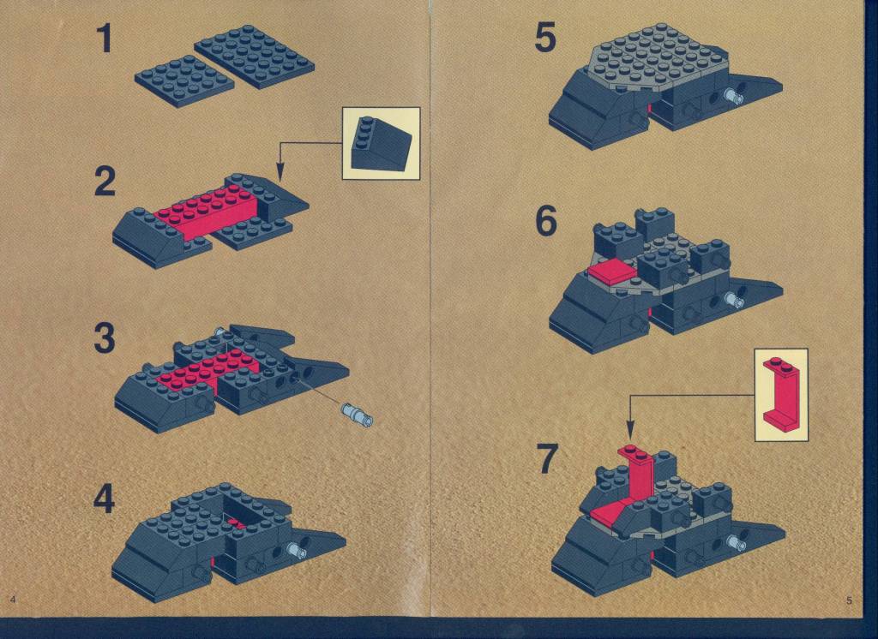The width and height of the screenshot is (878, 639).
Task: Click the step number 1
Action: (x=105, y=40)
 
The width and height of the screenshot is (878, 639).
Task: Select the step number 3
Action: (x=105, y=339)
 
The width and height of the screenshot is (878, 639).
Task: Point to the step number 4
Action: (x=104, y=499)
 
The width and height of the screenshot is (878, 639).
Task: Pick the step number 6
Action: (x=546, y=221)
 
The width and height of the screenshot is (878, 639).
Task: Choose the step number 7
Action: (x=547, y=458)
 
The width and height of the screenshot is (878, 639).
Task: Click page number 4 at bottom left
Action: (x=12, y=600)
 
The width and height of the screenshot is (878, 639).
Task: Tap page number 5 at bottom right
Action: (x=849, y=601)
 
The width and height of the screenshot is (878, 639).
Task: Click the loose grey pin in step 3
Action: (x=357, y=415)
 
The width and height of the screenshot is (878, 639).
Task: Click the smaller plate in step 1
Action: (x=184, y=81)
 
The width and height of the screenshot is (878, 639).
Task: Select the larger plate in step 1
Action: (x=254, y=56)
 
